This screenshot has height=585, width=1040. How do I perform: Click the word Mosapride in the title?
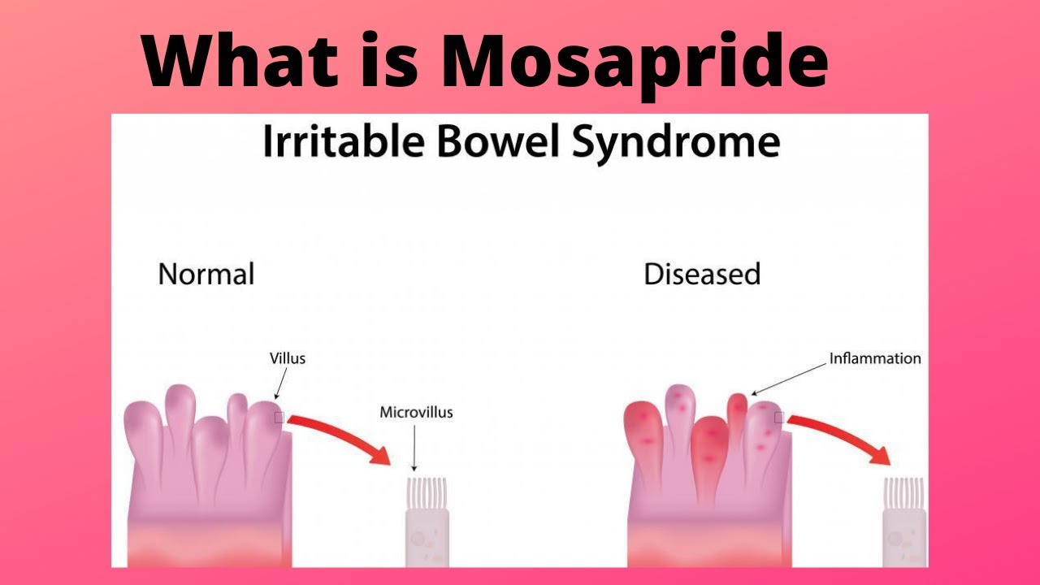635,62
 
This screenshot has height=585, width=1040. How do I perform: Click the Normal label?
206,274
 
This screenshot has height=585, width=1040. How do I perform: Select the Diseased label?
702,274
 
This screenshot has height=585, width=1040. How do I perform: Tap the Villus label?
288,357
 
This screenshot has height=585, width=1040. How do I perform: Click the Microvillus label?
416,412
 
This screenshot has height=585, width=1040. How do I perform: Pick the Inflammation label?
875,357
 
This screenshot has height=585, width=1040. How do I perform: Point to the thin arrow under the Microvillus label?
414,447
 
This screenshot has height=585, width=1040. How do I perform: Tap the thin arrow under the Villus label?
280,383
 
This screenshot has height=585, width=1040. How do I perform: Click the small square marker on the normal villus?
279,418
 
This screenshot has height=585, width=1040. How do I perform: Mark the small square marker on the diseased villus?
778,418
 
